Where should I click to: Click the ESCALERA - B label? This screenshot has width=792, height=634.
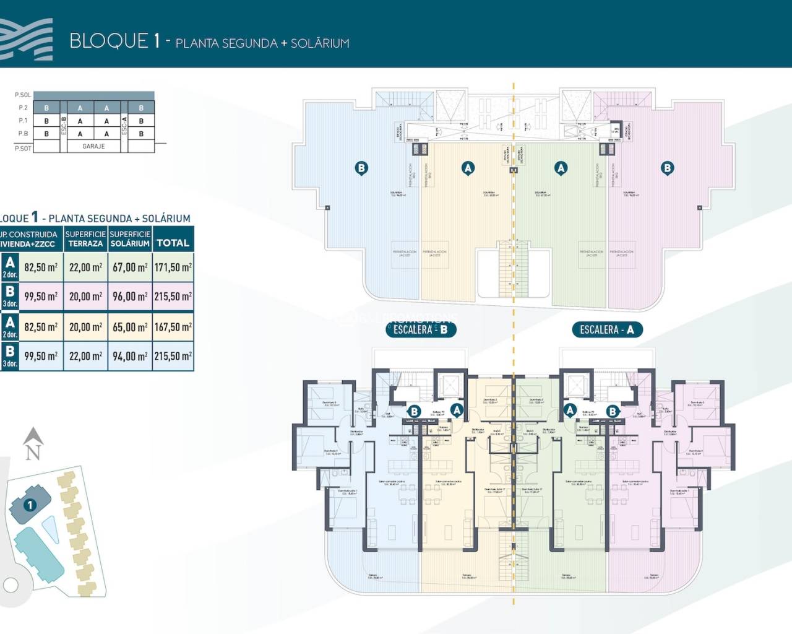point(421,329)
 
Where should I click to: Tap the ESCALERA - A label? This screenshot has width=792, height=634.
point(606,329)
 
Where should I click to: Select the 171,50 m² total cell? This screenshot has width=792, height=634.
point(173,267)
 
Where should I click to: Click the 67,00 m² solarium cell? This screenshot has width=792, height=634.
point(130,267)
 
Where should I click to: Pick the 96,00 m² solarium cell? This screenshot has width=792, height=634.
point(130,297)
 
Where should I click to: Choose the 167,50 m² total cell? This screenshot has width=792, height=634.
point(173,327)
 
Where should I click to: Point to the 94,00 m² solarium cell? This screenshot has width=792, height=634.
point(130,356)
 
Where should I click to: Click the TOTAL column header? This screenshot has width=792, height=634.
point(173,243)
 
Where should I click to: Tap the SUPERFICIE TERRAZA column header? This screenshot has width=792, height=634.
point(86,239)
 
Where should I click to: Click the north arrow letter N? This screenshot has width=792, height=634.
point(33,453)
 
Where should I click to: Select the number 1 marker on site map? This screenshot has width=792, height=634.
point(29,505)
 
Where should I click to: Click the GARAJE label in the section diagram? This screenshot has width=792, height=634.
point(93,146)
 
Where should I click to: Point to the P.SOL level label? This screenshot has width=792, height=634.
point(23,95)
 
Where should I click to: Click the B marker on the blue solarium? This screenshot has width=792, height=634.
point(361,167)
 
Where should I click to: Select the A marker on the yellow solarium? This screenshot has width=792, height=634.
point(468,167)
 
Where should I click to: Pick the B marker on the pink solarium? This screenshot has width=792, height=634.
point(667,167)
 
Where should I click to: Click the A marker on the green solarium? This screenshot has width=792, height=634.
point(561,167)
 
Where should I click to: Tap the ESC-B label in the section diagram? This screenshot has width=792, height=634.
point(64,127)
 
